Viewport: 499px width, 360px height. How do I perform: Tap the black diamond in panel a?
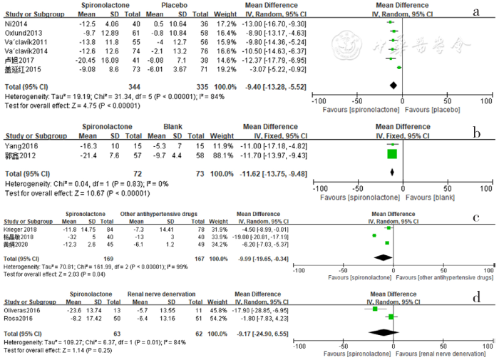point(392,86)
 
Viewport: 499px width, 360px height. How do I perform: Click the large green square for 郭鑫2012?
point(391,153)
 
